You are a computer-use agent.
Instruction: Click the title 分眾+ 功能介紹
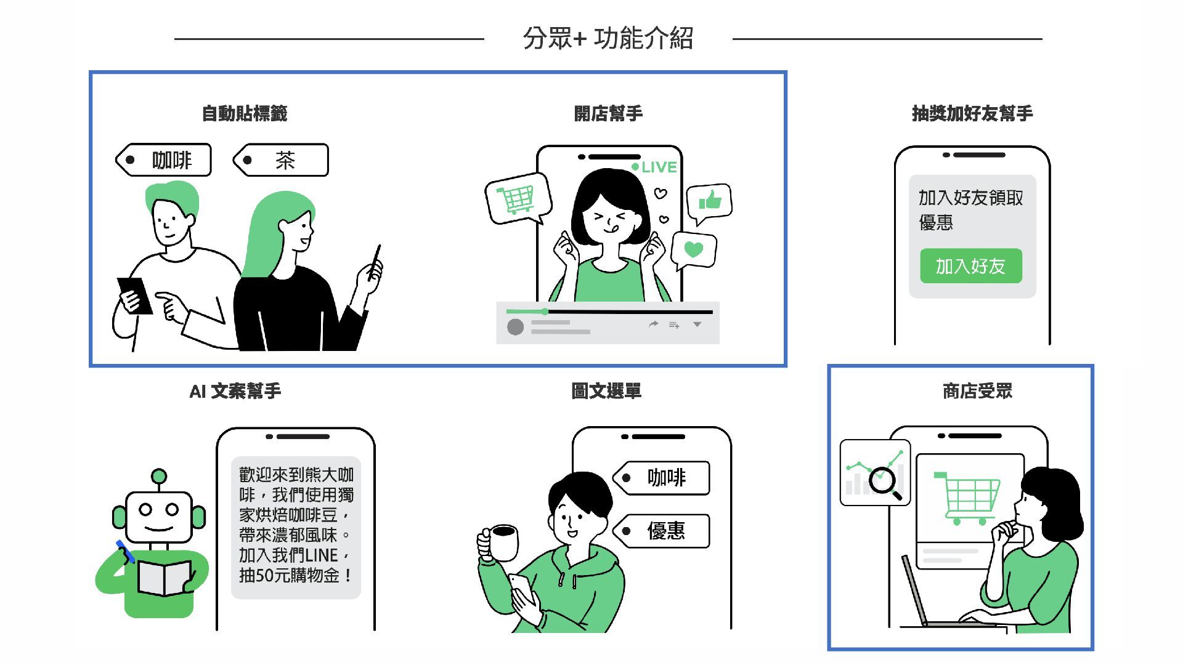[608, 38]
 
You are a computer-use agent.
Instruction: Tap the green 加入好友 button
[971, 266]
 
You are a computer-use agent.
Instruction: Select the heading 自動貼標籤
[245, 113]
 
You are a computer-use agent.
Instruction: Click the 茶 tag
[281, 160]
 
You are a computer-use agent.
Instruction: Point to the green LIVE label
[654, 167]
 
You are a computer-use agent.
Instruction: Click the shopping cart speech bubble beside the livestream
[518, 198]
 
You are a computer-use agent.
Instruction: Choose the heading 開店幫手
[608, 113]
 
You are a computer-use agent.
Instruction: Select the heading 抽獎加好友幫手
[972, 113]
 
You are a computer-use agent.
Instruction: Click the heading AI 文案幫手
[235, 391]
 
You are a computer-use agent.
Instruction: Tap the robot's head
[159, 516]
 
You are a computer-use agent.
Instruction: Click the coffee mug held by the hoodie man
[499, 543]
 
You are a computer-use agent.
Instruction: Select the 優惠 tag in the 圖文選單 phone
[662, 531]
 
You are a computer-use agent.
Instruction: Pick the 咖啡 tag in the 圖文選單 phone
[662, 478]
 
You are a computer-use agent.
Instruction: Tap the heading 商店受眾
[978, 391]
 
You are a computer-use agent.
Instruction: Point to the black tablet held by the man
[135, 296]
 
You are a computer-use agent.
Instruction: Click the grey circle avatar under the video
[515, 327]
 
